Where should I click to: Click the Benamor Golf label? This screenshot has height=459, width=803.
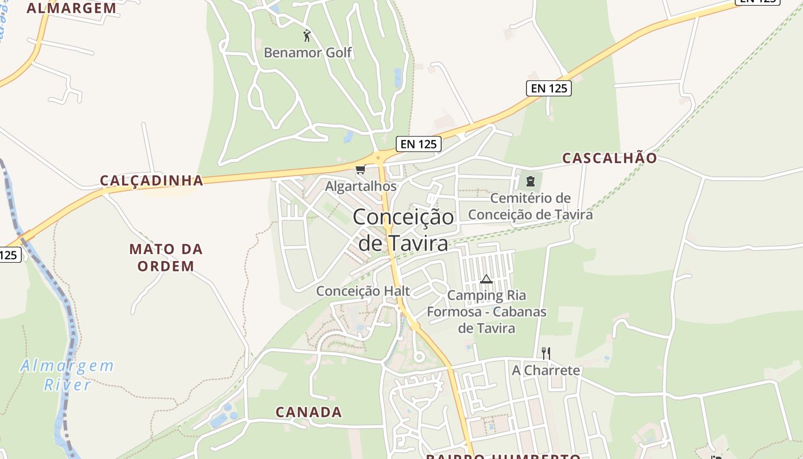pyautogui.click(x=307, y=53)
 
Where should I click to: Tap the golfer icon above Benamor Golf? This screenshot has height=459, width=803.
pyautogui.click(x=307, y=36)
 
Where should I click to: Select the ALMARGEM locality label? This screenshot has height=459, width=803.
pyautogui.click(x=72, y=8)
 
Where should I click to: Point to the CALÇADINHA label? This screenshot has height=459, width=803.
pyautogui.click(x=151, y=180)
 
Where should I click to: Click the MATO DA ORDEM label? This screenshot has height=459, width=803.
pyautogui.click(x=166, y=258)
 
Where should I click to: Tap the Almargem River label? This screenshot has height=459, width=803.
pyautogui.click(x=68, y=375)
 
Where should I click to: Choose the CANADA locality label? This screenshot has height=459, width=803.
pyautogui.click(x=309, y=412)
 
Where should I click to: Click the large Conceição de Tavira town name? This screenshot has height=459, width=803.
pyautogui.click(x=403, y=229)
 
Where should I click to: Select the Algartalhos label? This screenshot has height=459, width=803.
pyautogui.click(x=361, y=186)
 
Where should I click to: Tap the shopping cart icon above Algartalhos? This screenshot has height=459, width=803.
pyautogui.click(x=360, y=169)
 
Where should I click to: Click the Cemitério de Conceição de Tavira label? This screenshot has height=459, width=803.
pyautogui.click(x=531, y=207)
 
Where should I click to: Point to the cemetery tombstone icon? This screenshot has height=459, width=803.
pyautogui.click(x=531, y=181)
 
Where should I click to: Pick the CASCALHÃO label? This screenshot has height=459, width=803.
pyautogui.click(x=609, y=158)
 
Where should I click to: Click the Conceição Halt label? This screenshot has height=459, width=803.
pyautogui.click(x=363, y=291)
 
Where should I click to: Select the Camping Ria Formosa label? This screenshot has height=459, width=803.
pyautogui.click(x=486, y=312)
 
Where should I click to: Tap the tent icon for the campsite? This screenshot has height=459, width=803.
pyautogui.click(x=486, y=279)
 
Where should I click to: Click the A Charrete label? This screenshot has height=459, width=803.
pyautogui.click(x=546, y=370)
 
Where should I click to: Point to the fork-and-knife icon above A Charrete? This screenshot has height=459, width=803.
pyautogui.click(x=546, y=353)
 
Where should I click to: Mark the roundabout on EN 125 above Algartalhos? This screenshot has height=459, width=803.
pyautogui.click(x=378, y=157)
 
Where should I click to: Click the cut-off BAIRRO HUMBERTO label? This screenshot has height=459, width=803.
pyautogui.click(x=503, y=456)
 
